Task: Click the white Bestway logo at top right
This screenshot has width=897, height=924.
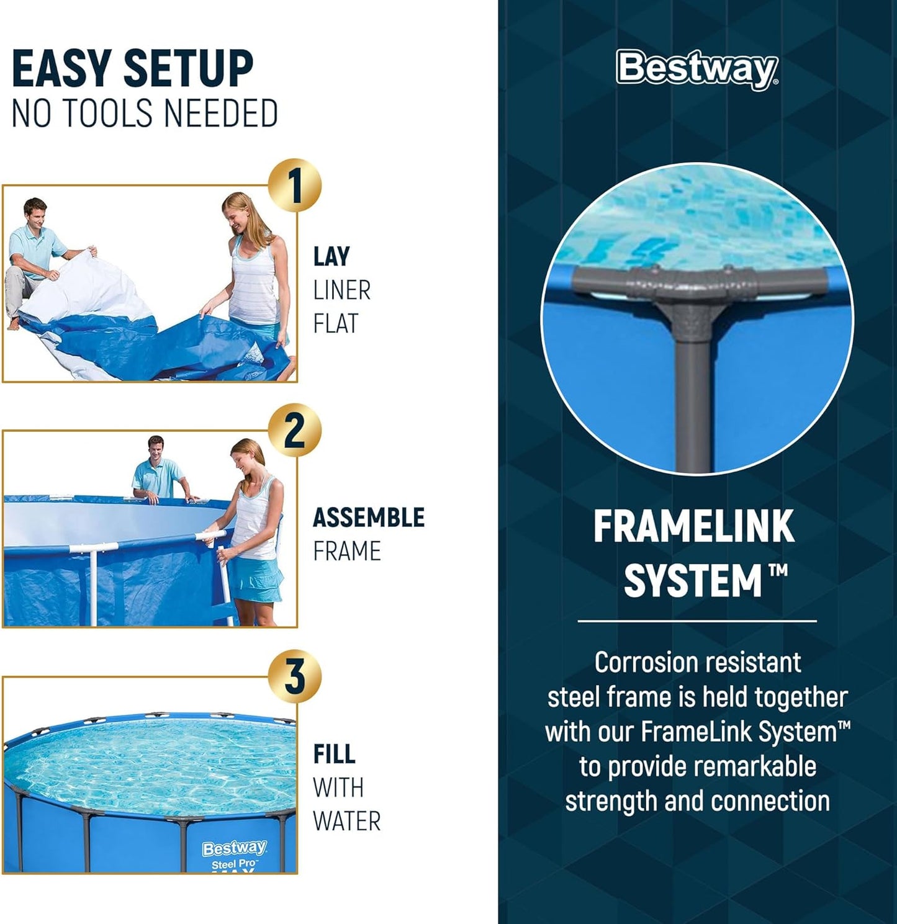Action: pos(696,69)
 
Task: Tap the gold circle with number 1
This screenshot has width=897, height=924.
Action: pos(295,186)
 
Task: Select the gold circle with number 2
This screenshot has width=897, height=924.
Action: pos(295,430)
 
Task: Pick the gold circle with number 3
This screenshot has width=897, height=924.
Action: pos(295,676)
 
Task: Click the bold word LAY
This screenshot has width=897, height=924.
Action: pos(331,256)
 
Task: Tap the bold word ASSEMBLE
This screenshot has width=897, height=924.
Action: pos(368,518)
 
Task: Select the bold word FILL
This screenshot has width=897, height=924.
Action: pos(334,754)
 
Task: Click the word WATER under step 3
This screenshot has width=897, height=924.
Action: pos(346,821)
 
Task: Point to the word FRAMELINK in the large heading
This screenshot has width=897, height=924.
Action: pos(693,527)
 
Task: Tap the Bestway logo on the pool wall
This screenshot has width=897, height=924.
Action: pos(234,848)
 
